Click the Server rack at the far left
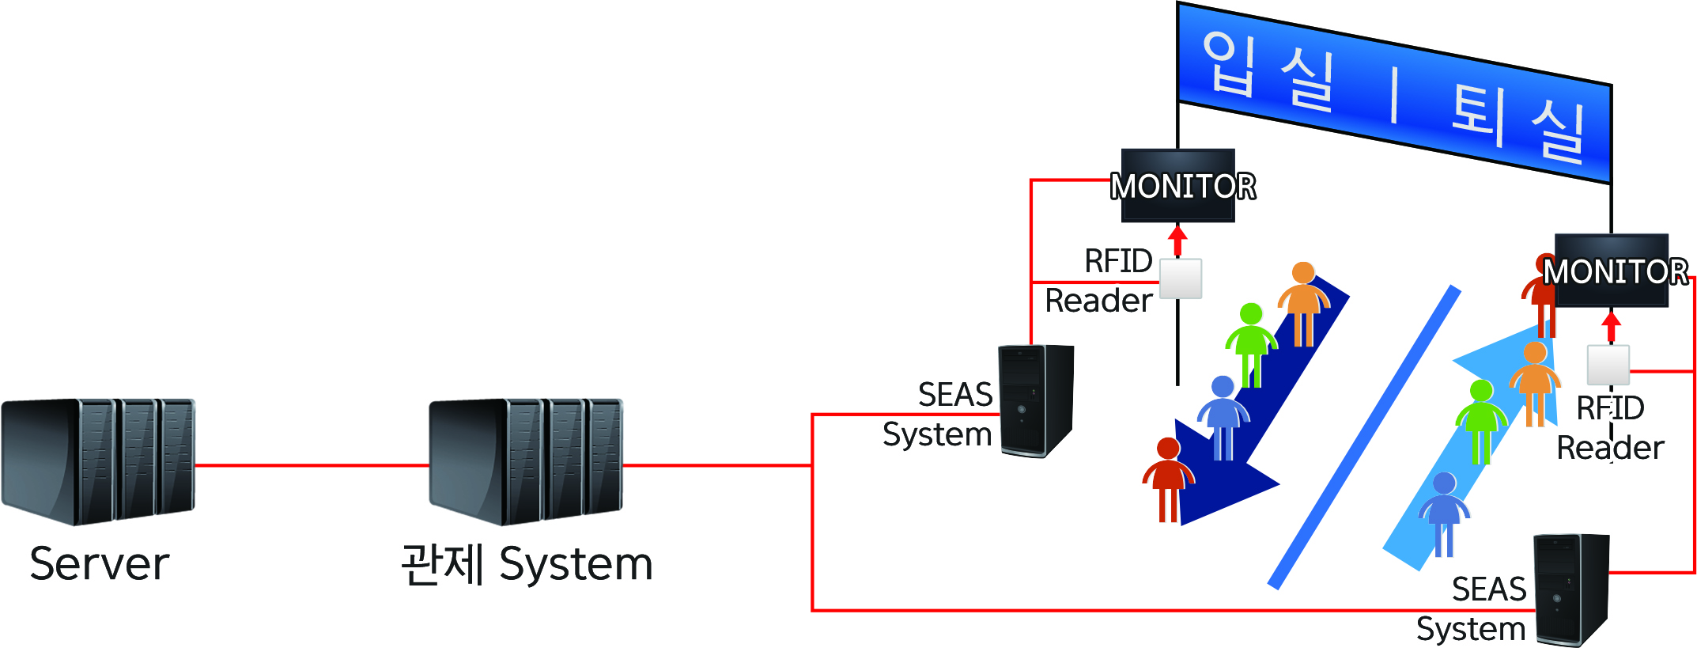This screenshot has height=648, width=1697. coord(98,460)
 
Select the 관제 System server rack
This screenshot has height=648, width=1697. coord(526,460)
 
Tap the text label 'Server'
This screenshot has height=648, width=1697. coord(100,564)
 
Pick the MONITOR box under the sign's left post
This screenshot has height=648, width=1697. coord(1178,186)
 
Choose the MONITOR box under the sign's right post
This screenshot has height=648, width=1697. coord(1612,271)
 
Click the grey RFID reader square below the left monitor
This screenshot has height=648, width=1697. coord(1181,279)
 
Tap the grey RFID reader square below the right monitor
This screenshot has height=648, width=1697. coord(1608,365)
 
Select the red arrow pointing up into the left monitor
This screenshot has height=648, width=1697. coord(1178,240)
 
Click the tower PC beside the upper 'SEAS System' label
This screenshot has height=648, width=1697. coord(1036,400)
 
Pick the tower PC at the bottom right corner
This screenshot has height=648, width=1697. coord(1571,589)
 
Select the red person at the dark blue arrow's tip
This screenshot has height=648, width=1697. coord(1168,479)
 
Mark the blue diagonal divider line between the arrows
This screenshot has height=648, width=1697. coord(1364,438)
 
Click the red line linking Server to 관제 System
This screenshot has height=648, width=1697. coord(312,465)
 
